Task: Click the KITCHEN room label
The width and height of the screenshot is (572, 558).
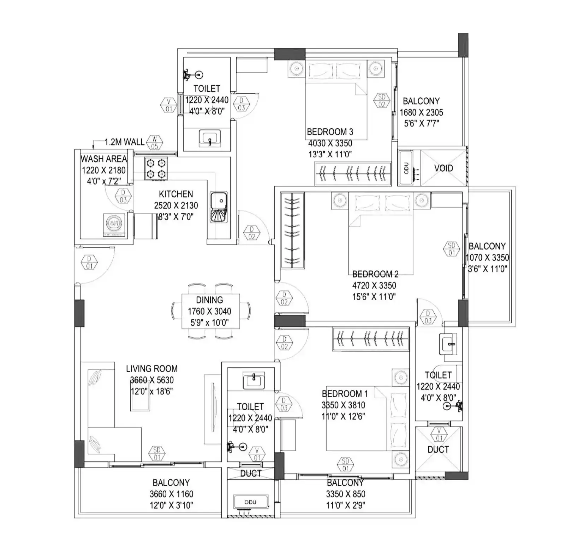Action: pos(176,194)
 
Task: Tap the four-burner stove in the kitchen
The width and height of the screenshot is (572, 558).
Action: pos(156,168)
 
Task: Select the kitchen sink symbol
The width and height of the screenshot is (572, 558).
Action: pos(219,207)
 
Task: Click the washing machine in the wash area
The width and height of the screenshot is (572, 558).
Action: pos(114,224)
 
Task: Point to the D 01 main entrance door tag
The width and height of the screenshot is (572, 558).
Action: pos(89,263)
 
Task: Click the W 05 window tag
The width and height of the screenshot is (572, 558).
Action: pos(154,142)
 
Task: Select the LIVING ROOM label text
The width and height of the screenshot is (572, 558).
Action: pos(152,369)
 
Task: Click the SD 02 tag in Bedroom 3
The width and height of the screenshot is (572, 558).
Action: pos(382,100)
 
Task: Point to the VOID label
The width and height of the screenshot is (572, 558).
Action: pos(443,168)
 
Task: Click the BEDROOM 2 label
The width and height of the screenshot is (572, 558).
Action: pos(375,274)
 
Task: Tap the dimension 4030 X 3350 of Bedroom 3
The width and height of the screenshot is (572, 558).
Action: pos(330,143)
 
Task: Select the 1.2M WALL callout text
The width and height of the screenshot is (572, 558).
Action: pos(124,142)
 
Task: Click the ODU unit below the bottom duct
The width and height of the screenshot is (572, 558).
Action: pos(250,502)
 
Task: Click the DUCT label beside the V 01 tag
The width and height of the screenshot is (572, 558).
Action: pos(438,449)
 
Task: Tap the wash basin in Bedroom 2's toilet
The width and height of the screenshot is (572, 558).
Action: pos(448,344)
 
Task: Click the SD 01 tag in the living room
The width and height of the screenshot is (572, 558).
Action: pos(157,453)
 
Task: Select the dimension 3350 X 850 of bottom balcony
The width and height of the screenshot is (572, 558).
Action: pos(345,494)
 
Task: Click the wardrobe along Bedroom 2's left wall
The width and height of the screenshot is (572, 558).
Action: pos(292,231)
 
